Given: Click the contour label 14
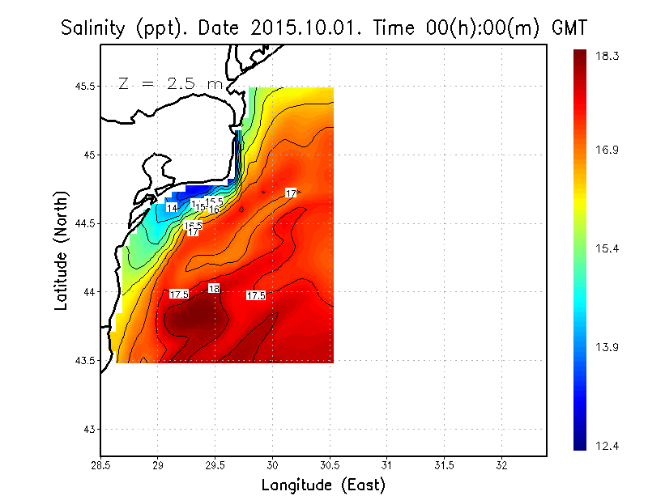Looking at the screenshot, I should pos(172,209).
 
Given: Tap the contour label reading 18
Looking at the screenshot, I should pos(214,289).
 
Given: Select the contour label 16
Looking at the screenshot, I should pos(215,210).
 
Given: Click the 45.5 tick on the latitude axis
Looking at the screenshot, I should pos(84,87).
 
